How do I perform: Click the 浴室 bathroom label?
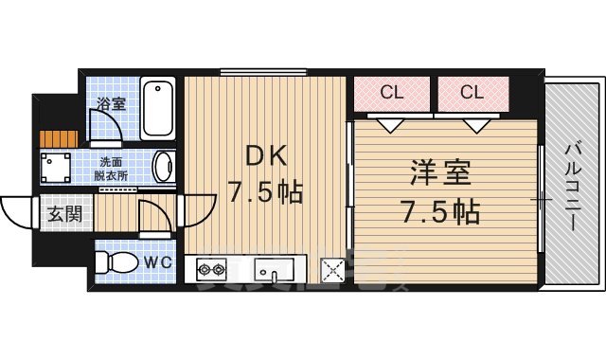112,103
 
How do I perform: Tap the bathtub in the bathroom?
158,108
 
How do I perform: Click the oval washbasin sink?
163,167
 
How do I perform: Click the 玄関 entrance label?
64,213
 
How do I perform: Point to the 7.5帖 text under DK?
264,193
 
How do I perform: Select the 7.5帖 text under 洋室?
439,210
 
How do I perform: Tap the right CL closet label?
472,92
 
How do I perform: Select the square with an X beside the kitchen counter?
333,272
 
